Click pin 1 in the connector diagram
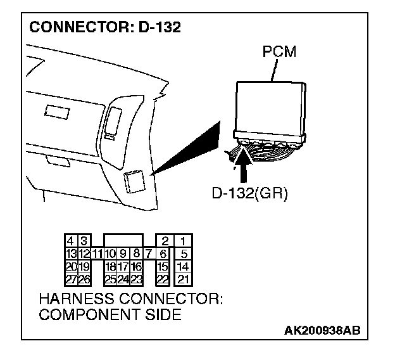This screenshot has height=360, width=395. click(x=183, y=241)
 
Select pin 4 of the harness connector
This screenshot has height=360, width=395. click(x=71, y=241)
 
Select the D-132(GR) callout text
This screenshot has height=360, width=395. click(x=249, y=193)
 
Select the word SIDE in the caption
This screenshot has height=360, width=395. click(x=162, y=314)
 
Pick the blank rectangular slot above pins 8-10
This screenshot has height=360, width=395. click(x=123, y=240)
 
